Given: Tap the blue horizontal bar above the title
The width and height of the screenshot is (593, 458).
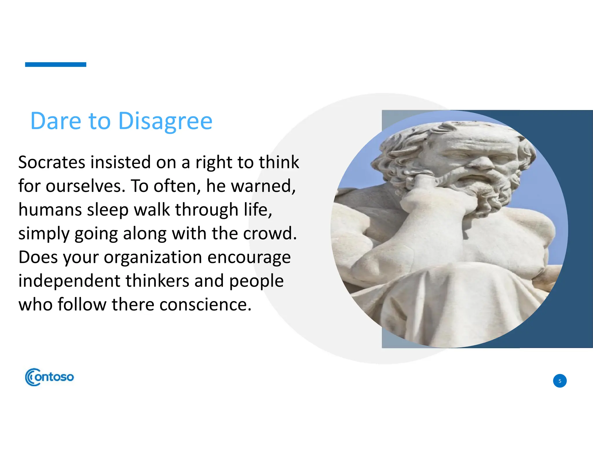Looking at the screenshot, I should click(x=56, y=65).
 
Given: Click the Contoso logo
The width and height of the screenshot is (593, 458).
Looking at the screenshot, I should click(x=50, y=377).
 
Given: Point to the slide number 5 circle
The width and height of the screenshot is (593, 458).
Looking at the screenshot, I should click(x=559, y=381).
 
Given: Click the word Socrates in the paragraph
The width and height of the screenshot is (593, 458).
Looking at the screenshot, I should click(x=52, y=162).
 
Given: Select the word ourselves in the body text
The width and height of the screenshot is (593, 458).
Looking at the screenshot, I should click(x=85, y=186).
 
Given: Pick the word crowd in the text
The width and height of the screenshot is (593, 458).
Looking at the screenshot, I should click(x=270, y=233).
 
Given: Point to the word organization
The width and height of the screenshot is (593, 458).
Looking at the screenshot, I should click(x=153, y=257).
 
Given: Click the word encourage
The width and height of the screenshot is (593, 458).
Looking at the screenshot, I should click(x=249, y=257).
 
